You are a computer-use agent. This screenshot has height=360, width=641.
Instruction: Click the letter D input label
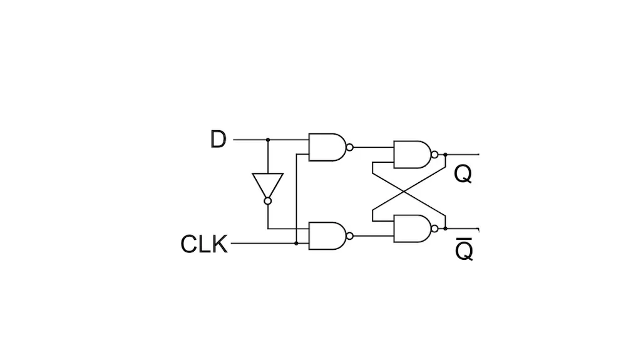(x=218, y=140)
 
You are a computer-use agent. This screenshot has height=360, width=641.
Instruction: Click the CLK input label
(x=203, y=244)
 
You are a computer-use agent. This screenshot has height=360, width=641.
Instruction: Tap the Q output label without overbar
(x=463, y=175)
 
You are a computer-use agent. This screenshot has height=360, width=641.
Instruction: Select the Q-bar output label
(x=464, y=250)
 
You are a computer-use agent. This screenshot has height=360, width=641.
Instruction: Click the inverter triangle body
(x=268, y=184)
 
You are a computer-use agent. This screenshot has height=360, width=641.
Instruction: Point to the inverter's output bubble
(x=268, y=201)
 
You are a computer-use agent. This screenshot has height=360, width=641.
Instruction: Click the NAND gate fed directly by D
(x=327, y=147)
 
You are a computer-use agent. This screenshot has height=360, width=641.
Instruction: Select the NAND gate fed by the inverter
(x=327, y=236)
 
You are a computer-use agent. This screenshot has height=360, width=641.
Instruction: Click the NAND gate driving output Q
(x=412, y=155)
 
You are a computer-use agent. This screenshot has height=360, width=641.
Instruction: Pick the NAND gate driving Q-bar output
(x=412, y=229)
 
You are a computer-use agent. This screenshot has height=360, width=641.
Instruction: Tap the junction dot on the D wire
(x=268, y=140)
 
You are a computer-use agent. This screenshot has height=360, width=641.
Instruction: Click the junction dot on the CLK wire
(x=296, y=244)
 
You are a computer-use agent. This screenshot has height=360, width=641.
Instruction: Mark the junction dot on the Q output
(x=445, y=155)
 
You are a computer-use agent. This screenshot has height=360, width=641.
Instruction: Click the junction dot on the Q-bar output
(x=445, y=229)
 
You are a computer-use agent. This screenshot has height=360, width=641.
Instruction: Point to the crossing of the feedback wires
(x=404, y=192)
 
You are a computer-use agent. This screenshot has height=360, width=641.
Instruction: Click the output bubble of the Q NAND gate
(x=434, y=155)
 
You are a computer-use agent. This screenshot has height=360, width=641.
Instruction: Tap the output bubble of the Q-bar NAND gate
(x=434, y=229)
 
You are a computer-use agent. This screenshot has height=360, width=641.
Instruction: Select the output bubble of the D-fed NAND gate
(x=349, y=147)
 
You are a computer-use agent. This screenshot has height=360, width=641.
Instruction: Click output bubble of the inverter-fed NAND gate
(x=349, y=236)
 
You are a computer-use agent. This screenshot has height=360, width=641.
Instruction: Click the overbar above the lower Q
(x=464, y=238)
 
